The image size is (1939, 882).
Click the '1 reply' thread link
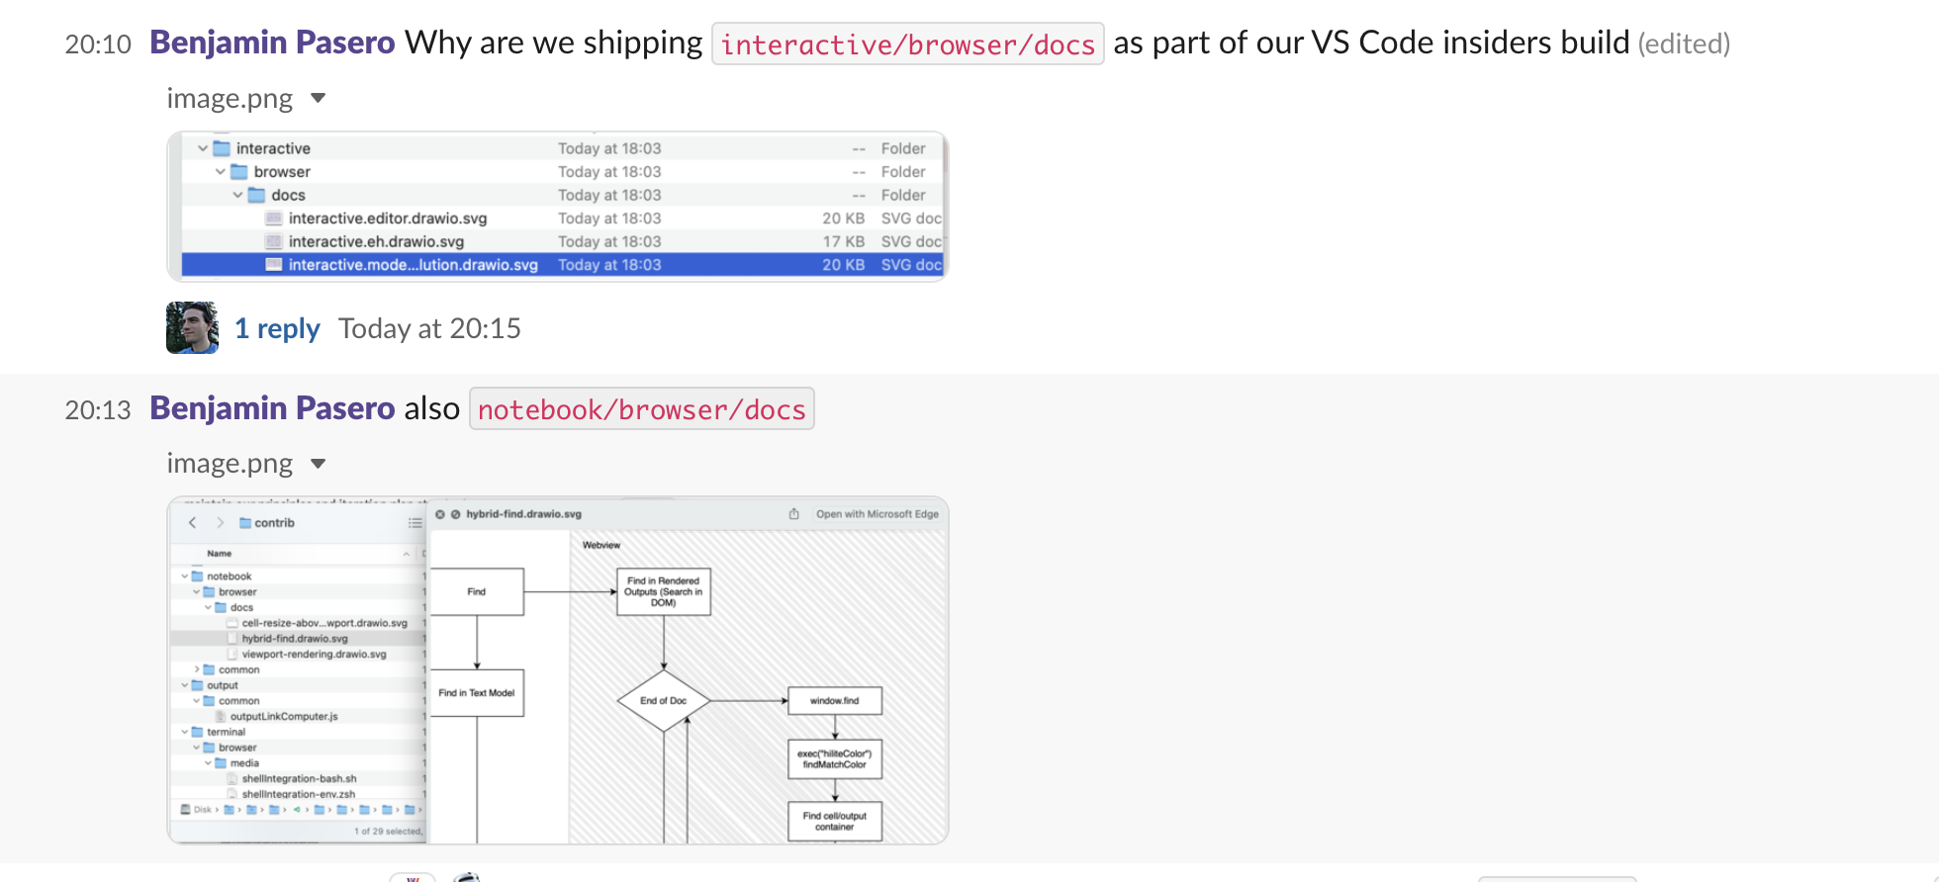277,328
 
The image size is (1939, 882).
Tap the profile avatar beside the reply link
192,328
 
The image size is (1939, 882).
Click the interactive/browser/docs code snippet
907,44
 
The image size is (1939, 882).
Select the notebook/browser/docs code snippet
641,409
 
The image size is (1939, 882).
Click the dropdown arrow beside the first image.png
318,98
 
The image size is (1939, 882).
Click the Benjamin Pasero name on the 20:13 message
272,408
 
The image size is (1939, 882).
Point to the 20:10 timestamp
98,44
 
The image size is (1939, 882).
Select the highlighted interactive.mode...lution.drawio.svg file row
562,265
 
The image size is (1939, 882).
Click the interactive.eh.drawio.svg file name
376,241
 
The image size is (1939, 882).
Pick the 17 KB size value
843,241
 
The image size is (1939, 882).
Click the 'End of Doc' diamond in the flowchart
663,700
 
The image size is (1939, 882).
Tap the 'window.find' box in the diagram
834,700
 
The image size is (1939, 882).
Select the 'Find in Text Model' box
477,692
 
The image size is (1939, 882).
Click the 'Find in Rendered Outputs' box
663,591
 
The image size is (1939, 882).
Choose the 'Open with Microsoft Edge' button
877,514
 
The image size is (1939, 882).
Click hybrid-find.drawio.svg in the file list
295,639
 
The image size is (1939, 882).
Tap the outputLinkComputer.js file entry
284,717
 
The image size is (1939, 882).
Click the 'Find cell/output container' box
834,821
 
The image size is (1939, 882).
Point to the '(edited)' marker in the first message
1684,44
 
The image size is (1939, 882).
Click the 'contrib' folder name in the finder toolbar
274,523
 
